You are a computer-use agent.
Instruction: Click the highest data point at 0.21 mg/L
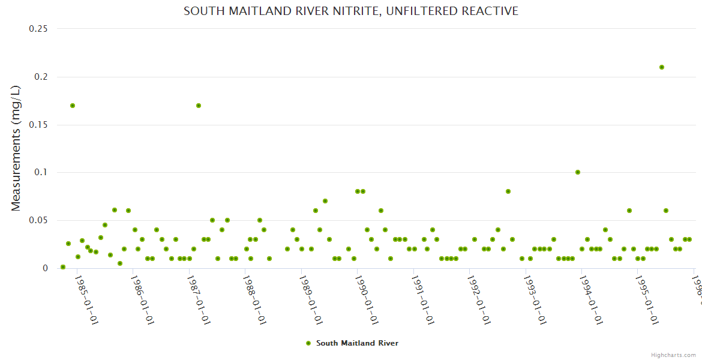661,67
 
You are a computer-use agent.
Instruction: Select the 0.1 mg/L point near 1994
578,172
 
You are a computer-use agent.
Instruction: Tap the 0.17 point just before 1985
73,106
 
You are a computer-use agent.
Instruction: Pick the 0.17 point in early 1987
199,106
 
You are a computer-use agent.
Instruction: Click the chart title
351,11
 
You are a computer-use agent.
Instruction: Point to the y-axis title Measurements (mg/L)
16,148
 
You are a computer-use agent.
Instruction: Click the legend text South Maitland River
357,343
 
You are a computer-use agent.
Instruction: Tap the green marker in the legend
308,343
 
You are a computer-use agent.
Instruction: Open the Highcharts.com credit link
673,355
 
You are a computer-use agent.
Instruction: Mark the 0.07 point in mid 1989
325,201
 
